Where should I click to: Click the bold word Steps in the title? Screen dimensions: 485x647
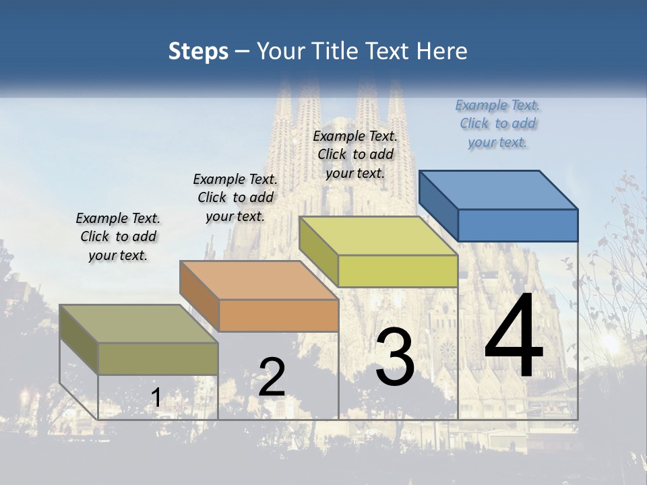coord(198,51)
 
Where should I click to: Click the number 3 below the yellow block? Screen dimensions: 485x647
coord(395,358)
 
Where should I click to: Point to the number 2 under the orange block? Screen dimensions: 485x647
coord(272,377)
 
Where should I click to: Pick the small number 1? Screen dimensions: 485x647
coord(156,398)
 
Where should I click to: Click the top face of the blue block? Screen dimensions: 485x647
coord(499,189)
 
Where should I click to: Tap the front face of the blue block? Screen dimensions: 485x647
coord(518,225)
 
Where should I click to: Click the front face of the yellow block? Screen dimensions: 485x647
coord(398,271)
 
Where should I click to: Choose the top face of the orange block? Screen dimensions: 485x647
coord(259,280)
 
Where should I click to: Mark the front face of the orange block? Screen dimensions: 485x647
coord(278,315)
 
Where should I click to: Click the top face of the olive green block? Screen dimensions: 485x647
coord(139,324)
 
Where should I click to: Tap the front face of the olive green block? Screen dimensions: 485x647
coord(158,358)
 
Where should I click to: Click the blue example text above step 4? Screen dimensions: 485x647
coord(498,123)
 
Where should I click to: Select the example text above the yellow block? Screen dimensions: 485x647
coord(356,154)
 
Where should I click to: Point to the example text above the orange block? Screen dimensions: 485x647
coord(235,197)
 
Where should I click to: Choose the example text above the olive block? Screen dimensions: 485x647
coord(118,236)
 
